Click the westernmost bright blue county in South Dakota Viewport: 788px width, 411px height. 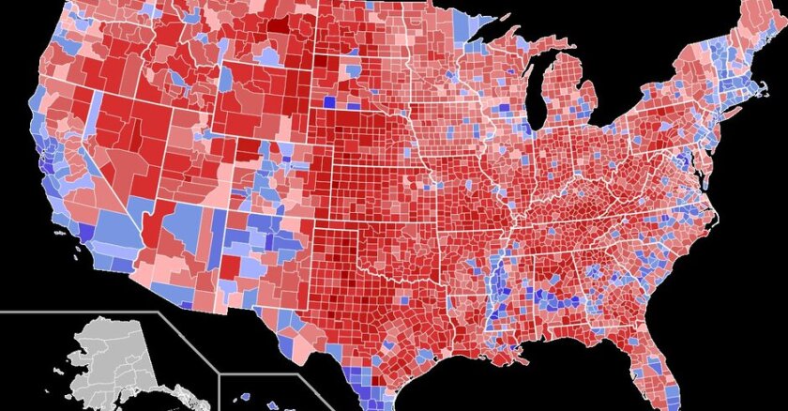pos(328,102)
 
